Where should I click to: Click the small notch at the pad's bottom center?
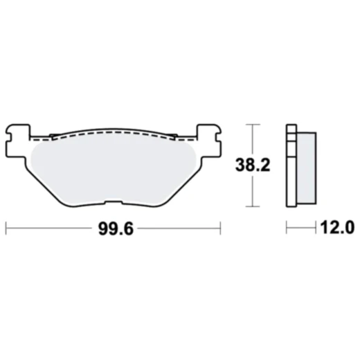click(x=111, y=203)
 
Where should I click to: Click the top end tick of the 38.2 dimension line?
click(x=254, y=124)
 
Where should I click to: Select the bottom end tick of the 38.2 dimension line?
click(x=254, y=206)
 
